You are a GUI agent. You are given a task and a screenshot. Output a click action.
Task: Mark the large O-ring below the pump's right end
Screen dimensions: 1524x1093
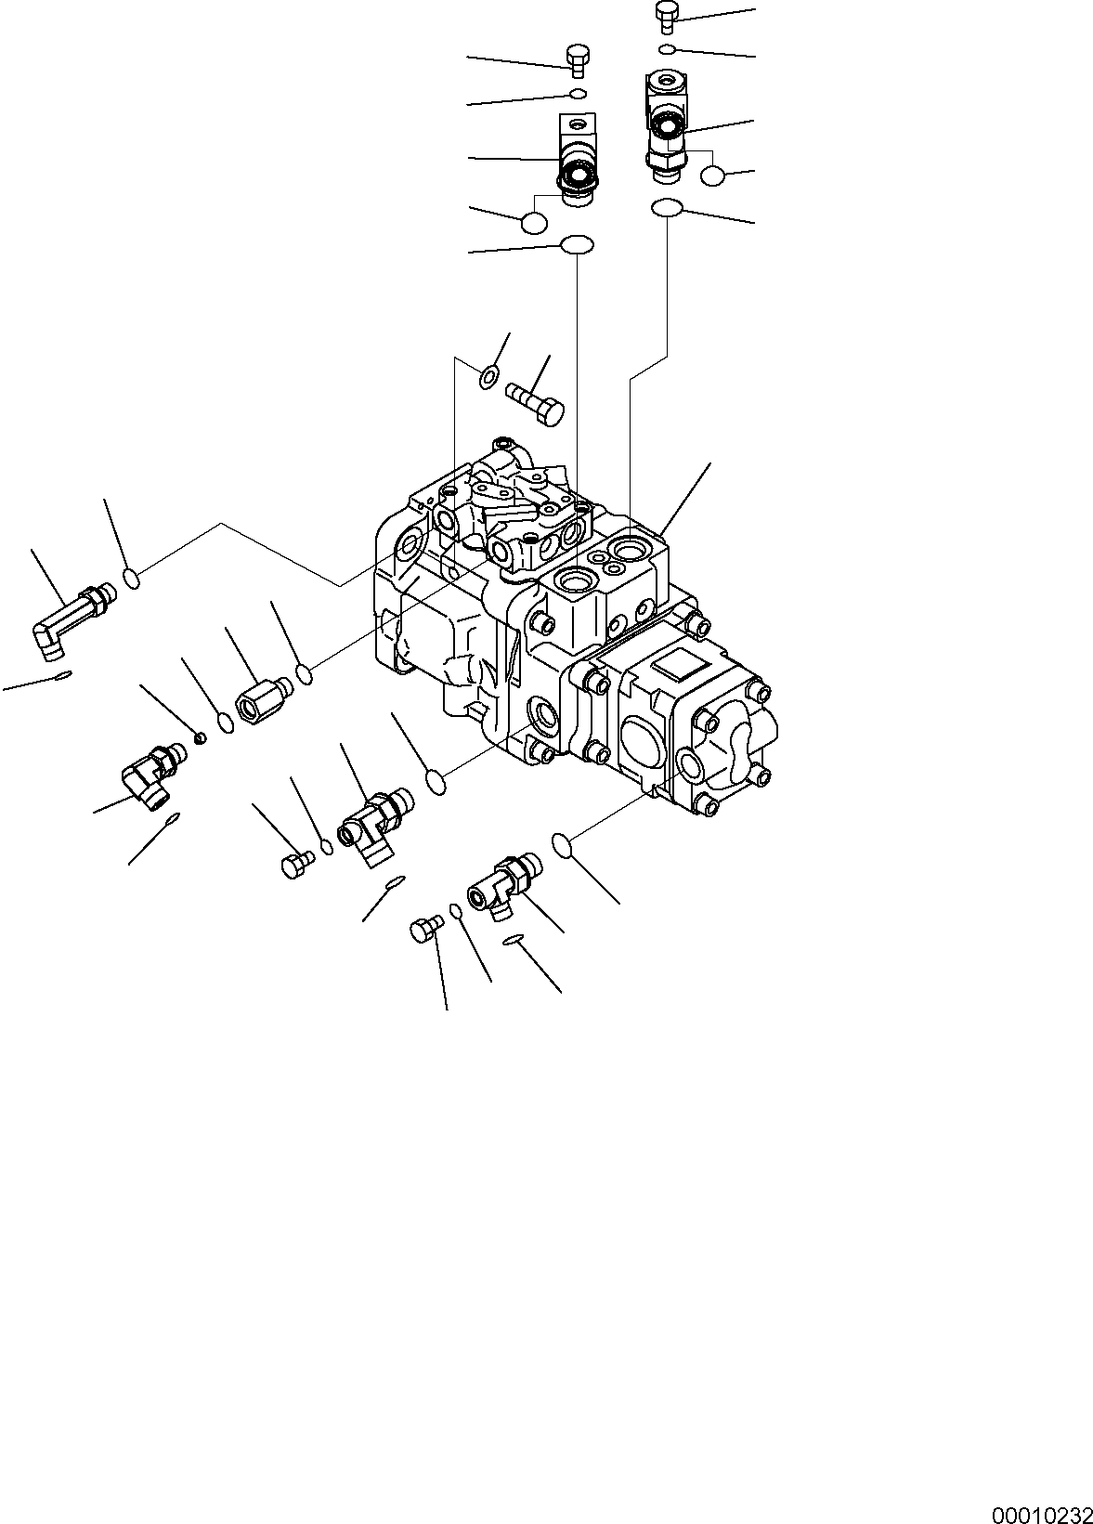click(x=564, y=844)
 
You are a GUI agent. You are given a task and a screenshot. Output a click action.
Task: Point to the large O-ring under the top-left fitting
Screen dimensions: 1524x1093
click(x=577, y=245)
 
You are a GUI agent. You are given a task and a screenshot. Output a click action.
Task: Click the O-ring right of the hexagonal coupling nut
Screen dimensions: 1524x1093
click(x=304, y=673)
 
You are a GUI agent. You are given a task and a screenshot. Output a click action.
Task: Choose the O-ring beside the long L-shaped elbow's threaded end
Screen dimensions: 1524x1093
click(x=132, y=579)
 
